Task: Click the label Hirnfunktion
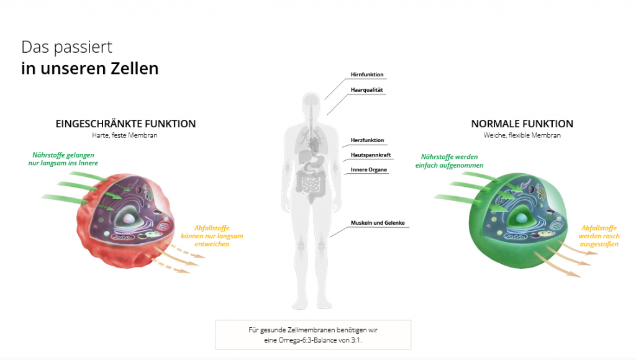click(366, 74)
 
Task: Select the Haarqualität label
click(366, 90)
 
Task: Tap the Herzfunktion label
click(367, 140)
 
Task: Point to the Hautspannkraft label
click(371, 155)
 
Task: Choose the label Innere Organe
click(369, 170)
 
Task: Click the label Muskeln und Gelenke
click(378, 223)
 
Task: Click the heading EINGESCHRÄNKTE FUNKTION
click(125, 124)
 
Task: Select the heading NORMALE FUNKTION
click(522, 124)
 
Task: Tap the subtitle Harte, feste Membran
click(124, 135)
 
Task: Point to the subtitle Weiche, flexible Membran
click(522, 135)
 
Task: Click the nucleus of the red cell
click(129, 218)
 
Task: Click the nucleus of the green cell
click(522, 218)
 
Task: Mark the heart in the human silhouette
click(314, 144)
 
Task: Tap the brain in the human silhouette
click(311, 99)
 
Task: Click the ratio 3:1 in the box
click(356, 340)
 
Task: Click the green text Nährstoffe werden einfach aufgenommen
click(450, 161)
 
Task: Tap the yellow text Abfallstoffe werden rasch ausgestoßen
click(599, 236)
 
